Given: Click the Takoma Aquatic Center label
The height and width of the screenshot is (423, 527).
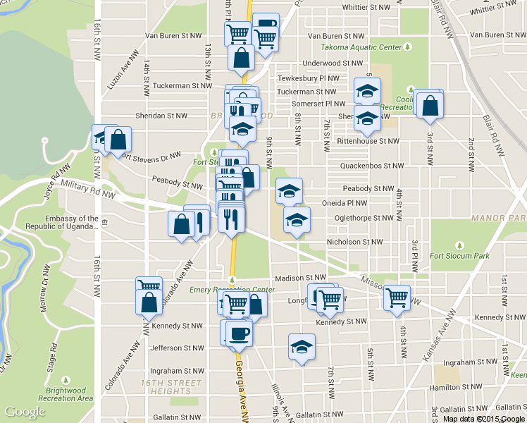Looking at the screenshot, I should click(362, 47).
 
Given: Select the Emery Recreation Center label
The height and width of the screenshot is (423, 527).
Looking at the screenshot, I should click(233, 290).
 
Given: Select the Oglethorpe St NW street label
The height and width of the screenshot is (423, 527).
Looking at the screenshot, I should click(359, 218).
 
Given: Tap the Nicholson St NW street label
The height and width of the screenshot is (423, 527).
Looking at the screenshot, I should click(354, 242).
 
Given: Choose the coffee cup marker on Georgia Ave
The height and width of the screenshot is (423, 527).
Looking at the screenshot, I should click(239, 332).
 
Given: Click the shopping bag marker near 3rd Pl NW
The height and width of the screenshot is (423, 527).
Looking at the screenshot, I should click(430, 105).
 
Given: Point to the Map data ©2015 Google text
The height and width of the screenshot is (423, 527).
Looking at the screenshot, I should click(484, 419).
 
